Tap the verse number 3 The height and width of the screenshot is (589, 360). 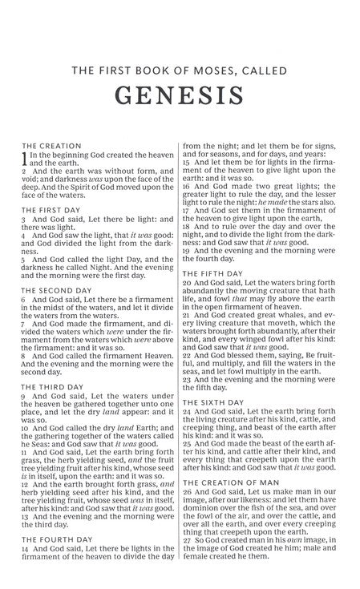coord(24,220)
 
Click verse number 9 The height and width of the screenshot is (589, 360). coord(24,396)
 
